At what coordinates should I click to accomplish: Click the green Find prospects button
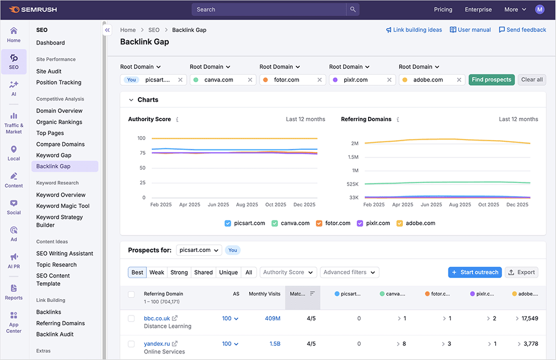[x=491, y=80]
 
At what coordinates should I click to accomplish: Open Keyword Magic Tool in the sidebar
[x=62, y=206]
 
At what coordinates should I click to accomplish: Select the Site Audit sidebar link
[x=49, y=71]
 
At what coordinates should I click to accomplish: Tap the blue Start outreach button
[x=475, y=273]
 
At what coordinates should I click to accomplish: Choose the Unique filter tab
[x=228, y=273]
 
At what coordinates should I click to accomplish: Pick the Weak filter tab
[x=157, y=273]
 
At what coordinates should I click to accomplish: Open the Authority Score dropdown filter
[x=288, y=273]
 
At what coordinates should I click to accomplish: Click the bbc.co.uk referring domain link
[x=157, y=318]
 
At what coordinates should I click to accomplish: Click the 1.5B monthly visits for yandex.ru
[x=275, y=344]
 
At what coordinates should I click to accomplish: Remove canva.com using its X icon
[x=250, y=80]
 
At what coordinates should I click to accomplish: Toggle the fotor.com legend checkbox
[x=319, y=223]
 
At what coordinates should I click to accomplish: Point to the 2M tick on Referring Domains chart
[x=354, y=143]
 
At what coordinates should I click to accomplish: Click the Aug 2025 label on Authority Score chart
[x=247, y=205]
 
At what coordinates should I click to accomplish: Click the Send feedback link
[x=522, y=30]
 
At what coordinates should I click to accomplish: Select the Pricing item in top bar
[x=443, y=9]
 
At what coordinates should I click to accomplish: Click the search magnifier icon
[x=353, y=9]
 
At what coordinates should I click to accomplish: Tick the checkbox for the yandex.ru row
[x=131, y=344]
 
